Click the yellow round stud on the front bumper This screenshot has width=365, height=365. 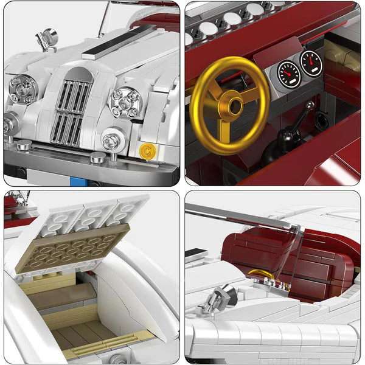(x=146, y=150)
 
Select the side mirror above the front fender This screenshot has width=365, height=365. (x=45, y=38)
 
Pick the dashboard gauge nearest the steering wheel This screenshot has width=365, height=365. (x=288, y=74)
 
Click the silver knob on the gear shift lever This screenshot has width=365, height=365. (x=311, y=105)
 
